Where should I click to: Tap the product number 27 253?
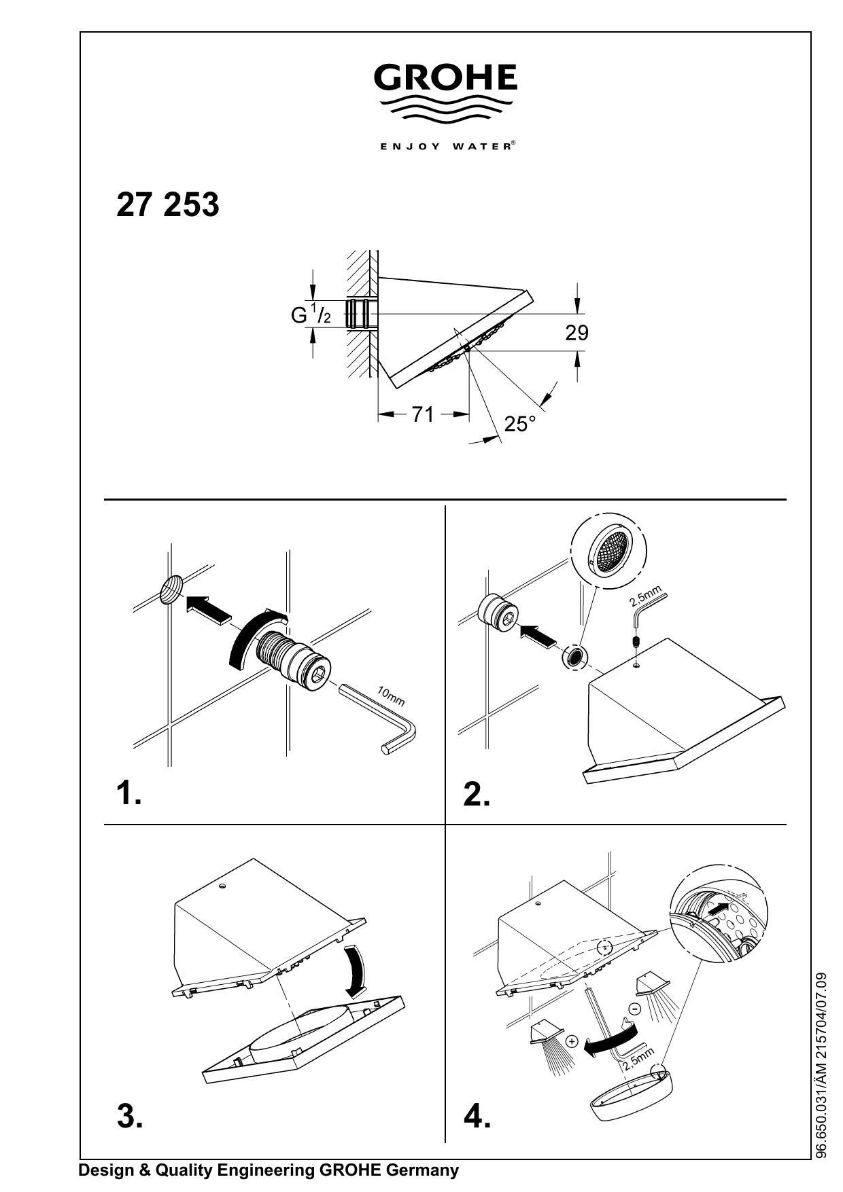168,204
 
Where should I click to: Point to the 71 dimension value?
423,414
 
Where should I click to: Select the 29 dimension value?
577,333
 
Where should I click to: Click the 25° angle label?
520,424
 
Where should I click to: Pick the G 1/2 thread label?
311,314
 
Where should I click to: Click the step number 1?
129,793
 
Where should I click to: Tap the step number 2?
477,795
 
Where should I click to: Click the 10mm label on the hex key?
391,696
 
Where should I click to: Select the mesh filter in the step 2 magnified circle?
610,549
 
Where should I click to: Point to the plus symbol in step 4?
572,1041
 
